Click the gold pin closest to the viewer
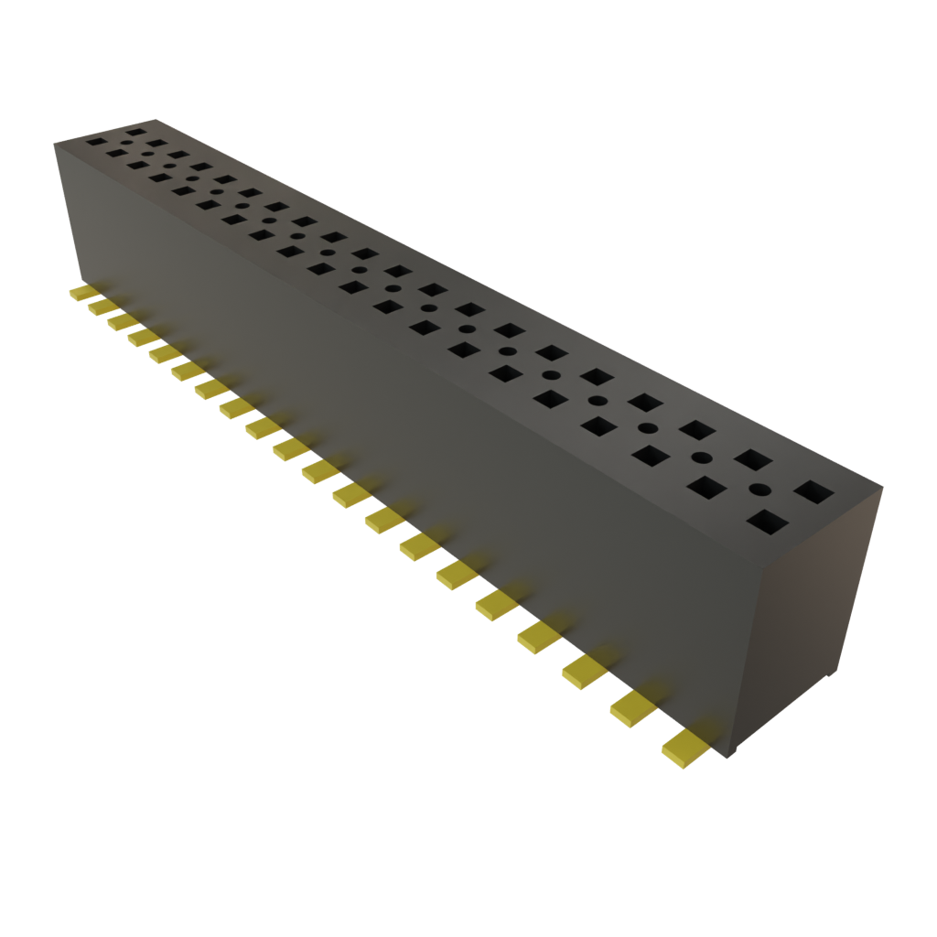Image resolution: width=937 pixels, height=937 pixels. [x=685, y=747]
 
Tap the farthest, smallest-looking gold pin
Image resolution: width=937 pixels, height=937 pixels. [x=81, y=293]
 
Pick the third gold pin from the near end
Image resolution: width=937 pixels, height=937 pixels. [x=585, y=672]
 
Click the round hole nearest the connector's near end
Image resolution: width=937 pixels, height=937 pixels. [x=760, y=490]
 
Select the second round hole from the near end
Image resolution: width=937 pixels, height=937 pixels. [x=702, y=458]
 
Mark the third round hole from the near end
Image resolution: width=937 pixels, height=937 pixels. [x=646, y=428]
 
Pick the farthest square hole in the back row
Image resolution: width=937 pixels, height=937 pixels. [x=136, y=133]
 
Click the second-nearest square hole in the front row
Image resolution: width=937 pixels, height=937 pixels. [x=706, y=489]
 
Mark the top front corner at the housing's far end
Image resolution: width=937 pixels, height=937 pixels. [x=55, y=143]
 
